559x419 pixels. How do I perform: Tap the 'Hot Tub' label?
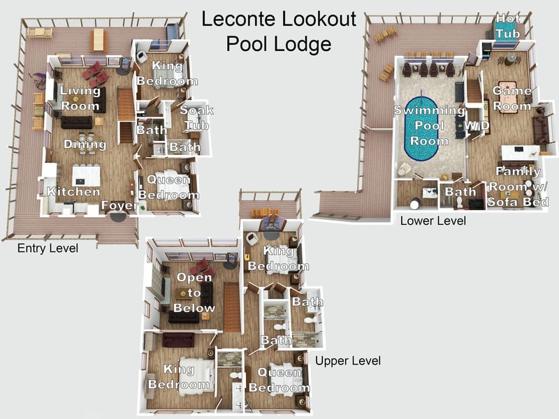point(508,25)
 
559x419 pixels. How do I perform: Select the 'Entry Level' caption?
point(48,249)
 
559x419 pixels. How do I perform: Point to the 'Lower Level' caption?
point(433,221)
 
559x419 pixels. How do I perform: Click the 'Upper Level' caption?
point(348,361)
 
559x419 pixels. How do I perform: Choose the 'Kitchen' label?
point(73,191)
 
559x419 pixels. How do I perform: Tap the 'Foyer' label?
point(119,205)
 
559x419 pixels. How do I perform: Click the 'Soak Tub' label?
point(196,117)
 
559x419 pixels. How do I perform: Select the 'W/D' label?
point(477,125)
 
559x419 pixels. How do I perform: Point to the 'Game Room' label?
point(511,98)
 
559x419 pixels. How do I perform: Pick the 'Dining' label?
point(85,145)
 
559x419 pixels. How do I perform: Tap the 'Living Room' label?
point(80,98)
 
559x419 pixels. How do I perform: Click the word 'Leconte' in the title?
point(240,19)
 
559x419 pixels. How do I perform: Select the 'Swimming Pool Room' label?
point(429,126)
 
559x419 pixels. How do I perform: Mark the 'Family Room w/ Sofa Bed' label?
point(518,186)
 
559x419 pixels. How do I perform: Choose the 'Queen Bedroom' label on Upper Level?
point(279,380)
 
